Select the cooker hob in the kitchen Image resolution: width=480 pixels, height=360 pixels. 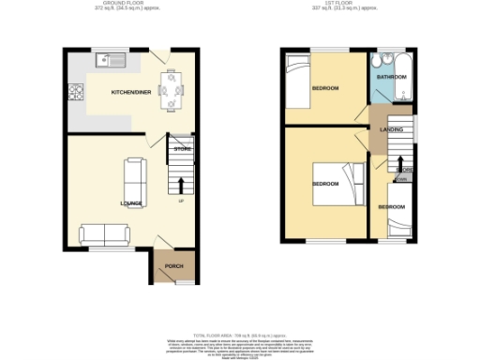click(74, 93)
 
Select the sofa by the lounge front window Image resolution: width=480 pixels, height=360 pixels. click(105, 232)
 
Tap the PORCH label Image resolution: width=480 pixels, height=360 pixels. click(173, 267)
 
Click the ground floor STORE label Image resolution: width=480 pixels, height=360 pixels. click(182, 149)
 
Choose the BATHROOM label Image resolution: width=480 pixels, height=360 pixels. click(392, 76)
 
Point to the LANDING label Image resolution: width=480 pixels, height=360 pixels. click(391, 131)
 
